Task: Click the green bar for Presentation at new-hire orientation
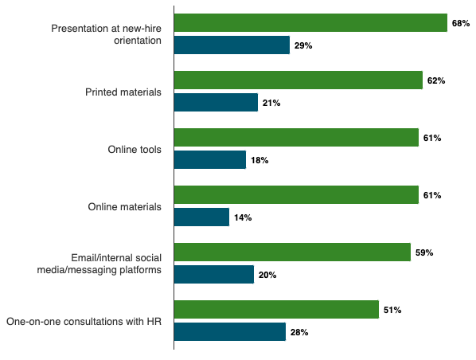310,23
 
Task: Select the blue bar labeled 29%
232,45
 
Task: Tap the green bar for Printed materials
298,80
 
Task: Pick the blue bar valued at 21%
216,103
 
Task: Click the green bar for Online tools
296,138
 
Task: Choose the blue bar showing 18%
210,160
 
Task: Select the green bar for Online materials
296,195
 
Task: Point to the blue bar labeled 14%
201,217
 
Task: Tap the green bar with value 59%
292,252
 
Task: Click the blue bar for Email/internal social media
214,275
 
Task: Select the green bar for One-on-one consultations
276,310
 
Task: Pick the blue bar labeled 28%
230,332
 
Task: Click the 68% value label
461,23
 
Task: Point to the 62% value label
435,80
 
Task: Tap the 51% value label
392,310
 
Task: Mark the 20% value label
267,275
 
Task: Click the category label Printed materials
123,92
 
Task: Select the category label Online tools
135,150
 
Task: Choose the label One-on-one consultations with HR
84,322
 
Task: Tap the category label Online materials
125,207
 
